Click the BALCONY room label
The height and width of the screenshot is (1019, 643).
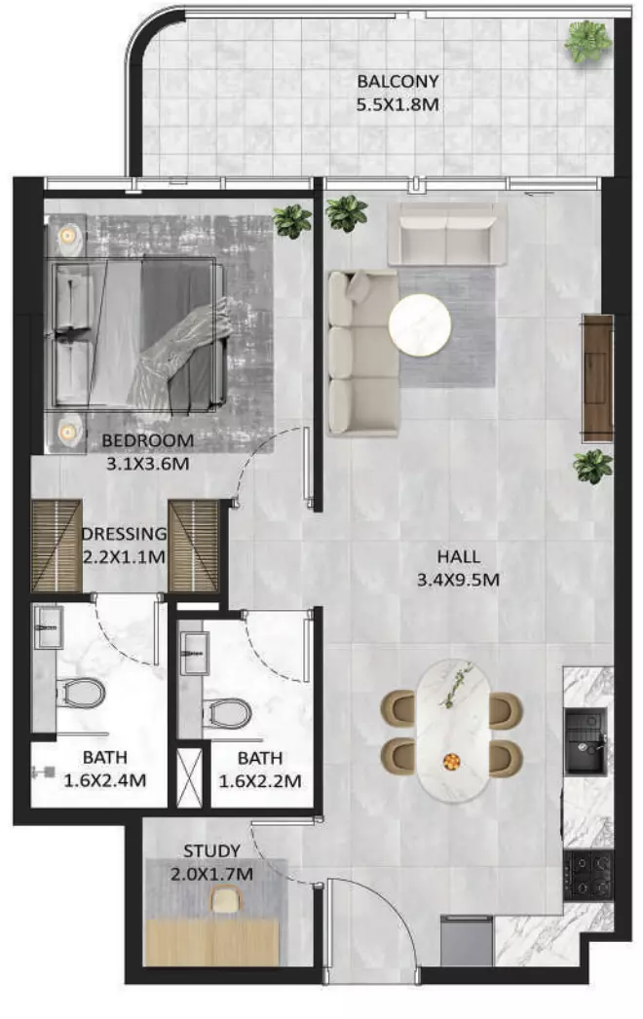point(397,81)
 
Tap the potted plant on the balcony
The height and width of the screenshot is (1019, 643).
point(587,41)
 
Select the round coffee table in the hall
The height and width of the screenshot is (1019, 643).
point(420,324)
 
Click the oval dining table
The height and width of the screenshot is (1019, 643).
point(453,731)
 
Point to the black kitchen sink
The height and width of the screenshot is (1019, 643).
point(586,741)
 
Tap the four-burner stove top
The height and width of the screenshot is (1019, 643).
point(587,875)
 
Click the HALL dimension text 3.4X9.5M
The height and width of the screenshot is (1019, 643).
point(458,580)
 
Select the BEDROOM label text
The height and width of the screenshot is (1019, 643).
point(147,440)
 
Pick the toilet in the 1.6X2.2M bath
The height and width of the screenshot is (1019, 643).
point(227,712)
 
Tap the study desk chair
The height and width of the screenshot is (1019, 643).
point(226,900)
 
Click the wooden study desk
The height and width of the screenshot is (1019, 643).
point(212,942)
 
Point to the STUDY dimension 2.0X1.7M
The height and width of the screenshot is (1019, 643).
point(212,874)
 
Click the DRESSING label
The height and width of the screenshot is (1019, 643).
point(124,534)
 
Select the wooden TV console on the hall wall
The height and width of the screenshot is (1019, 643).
point(597,378)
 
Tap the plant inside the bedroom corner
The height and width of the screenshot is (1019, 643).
point(292,221)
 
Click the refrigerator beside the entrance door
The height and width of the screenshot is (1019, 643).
point(466,940)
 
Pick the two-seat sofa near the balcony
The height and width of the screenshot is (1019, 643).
point(447,234)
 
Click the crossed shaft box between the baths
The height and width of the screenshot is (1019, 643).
point(190,778)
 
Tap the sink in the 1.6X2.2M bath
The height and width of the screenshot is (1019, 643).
point(193,653)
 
